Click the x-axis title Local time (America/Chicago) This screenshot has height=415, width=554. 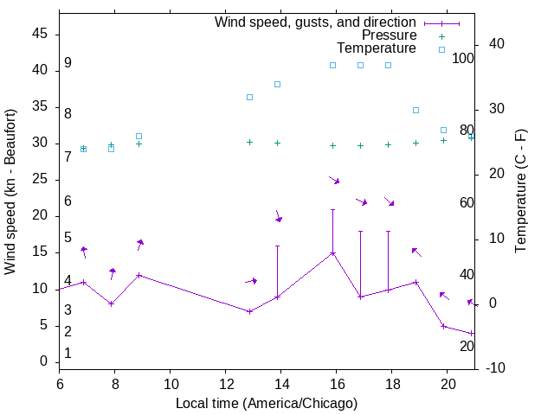(x=267, y=403)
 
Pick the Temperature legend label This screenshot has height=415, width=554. (x=377, y=48)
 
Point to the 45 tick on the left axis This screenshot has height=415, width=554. (x=40, y=34)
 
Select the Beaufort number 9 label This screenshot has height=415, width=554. (x=68, y=63)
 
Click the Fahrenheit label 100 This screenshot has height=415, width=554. (x=463, y=58)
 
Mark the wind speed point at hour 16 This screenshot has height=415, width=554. (x=332, y=253)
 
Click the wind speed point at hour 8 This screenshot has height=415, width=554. (x=111, y=303)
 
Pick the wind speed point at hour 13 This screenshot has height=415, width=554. (x=249, y=311)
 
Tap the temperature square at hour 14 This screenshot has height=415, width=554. (x=277, y=84)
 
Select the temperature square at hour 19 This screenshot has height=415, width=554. (x=415, y=110)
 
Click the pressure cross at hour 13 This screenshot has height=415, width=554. (x=249, y=142)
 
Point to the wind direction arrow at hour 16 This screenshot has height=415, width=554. (x=334, y=180)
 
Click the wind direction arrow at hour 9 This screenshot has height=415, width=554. (x=139, y=245)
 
